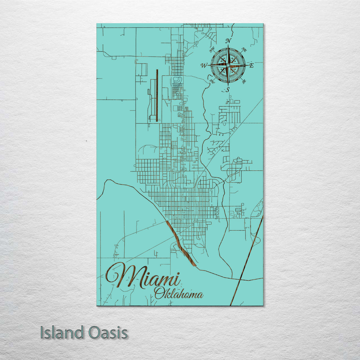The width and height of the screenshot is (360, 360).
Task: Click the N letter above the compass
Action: pos(228,41)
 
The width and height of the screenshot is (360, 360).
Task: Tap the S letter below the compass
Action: pos(228,89)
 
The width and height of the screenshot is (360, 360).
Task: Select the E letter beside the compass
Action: pos(251,66)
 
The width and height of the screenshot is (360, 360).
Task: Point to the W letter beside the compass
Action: pos(204,66)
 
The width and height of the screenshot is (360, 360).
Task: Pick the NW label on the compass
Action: pos(211,51)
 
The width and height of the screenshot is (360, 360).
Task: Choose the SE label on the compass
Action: pos(244,81)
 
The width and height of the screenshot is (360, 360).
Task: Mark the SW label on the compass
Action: pos(212,81)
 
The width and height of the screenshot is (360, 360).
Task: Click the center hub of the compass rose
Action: pos(228,65)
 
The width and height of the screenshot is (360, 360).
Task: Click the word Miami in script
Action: pos(143,277)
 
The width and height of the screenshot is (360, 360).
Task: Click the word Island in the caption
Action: pos(62,333)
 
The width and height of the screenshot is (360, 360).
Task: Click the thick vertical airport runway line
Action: pos(157,95)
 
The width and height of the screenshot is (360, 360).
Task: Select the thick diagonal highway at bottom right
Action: pos(247,260)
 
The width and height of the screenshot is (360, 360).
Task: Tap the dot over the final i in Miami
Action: pos(178,274)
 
